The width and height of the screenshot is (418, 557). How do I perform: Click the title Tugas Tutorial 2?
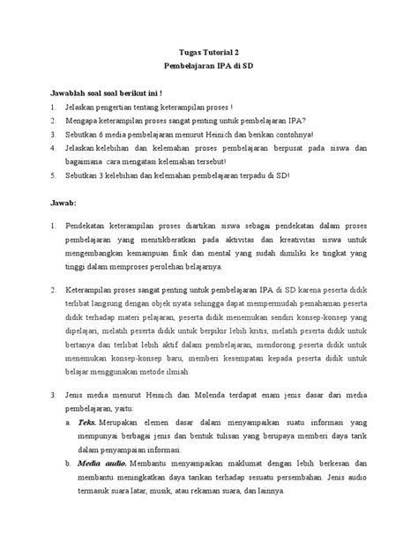click(x=209, y=52)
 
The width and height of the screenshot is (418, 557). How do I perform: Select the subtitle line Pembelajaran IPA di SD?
click(x=209, y=67)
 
